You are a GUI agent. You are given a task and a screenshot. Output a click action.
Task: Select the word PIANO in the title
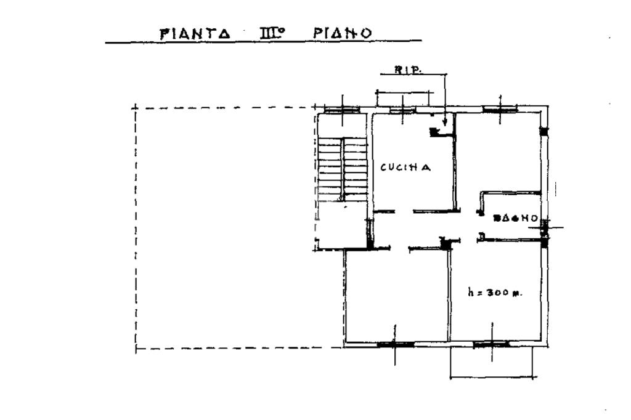coord(343,33)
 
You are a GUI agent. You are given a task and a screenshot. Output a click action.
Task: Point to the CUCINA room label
coord(404,167)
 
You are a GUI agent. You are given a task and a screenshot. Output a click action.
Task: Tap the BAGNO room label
coord(516,218)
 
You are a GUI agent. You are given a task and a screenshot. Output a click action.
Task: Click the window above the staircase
coord(342,110)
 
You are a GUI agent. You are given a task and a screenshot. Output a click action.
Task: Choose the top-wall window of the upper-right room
coord(499,109)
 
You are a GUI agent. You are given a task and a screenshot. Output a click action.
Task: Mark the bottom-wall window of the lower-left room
coord(395,344)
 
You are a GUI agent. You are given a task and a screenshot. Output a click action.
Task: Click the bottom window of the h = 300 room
coord(491,344)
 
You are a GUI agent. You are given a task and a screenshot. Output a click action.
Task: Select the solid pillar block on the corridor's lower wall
coord(446,244)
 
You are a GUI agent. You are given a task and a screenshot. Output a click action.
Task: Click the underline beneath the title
coord(263,42)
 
